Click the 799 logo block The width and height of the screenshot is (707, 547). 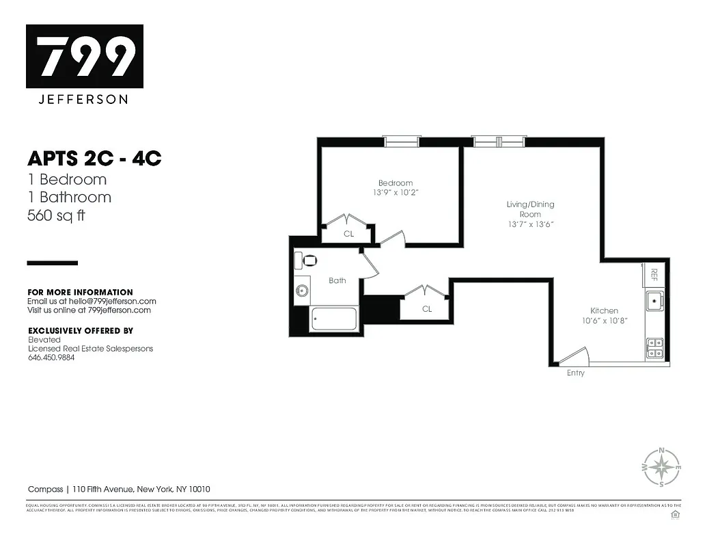85,56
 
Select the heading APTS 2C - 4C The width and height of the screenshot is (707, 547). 94,159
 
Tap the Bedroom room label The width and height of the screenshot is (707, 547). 396,183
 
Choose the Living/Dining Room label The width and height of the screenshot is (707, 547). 530,209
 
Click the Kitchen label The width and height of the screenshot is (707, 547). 604,310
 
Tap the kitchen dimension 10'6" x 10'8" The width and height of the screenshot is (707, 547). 604,320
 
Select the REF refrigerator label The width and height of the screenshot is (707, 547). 654,274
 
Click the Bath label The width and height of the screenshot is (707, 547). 337,280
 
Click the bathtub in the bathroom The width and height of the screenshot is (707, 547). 333,319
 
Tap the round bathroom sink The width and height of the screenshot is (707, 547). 302,291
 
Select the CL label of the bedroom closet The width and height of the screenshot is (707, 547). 348,234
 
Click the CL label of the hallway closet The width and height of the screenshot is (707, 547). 426,309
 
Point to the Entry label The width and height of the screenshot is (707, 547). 575,373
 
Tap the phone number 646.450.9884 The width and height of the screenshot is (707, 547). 51,357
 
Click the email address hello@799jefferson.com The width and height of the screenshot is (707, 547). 112,301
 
